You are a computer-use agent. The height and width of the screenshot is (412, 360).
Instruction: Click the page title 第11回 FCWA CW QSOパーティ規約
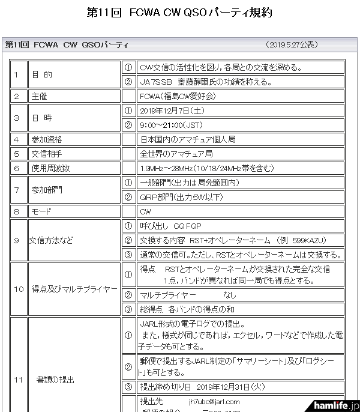click(179, 13)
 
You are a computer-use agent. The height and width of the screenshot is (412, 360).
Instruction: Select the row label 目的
click(42, 74)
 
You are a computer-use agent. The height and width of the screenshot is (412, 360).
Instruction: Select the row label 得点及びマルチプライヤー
click(73, 289)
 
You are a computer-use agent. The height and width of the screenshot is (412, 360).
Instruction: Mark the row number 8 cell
click(17, 211)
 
